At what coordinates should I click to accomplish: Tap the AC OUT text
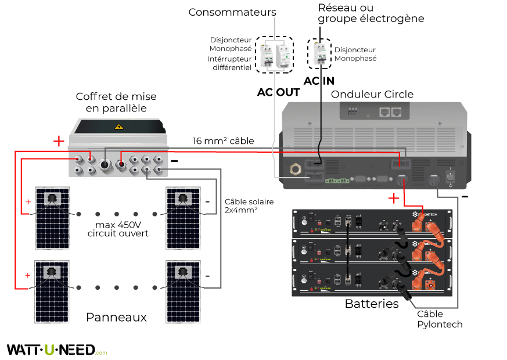[278, 93]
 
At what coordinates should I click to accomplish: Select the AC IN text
[320, 81]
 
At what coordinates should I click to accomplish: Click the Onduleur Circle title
[372, 95]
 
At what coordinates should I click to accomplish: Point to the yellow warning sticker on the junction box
[120, 127]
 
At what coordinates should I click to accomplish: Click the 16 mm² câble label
[224, 141]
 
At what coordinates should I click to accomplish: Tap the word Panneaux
[116, 318]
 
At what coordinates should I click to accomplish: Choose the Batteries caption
[372, 304]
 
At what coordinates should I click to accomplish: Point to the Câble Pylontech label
[440, 319]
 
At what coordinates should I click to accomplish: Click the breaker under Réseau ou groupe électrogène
[319, 54]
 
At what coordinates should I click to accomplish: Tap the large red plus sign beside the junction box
[59, 141]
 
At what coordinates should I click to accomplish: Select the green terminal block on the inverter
[337, 180]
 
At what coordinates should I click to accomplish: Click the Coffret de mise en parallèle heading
[117, 102]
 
